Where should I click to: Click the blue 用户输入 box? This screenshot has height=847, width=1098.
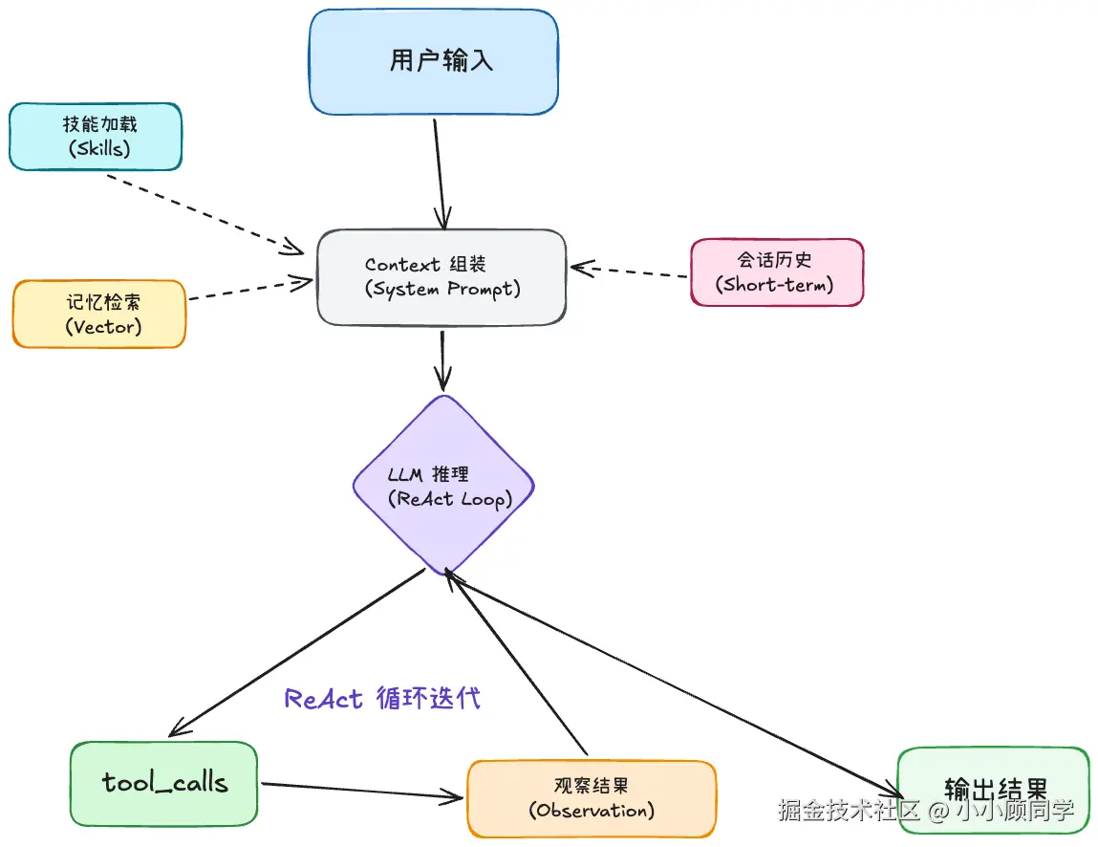433,62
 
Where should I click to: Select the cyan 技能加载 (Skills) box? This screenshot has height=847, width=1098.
95,137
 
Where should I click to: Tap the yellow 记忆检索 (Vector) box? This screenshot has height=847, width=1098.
98,314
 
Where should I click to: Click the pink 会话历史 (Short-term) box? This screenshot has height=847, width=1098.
776,272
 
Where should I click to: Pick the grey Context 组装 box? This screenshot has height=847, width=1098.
441,277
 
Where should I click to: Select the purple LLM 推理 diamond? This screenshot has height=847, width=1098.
442,486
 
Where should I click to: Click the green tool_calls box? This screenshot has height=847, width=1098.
163,783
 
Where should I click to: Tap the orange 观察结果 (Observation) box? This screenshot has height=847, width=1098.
591,799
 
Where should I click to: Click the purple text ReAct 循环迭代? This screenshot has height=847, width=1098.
382,699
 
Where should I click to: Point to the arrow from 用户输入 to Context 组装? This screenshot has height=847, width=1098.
440,172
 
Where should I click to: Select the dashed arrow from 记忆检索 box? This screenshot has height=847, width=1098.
248,290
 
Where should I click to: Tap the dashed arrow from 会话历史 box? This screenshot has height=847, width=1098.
631,271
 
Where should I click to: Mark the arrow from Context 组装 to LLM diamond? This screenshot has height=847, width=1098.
441,358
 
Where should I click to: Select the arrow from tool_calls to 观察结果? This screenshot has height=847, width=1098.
363,790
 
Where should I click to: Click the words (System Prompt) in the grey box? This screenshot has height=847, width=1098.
442,290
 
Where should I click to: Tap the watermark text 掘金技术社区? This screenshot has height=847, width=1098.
849,812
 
